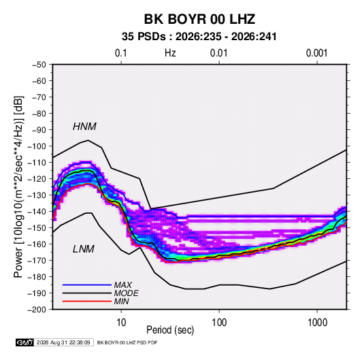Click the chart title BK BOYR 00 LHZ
[199, 19]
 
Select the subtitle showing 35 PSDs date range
[199, 37]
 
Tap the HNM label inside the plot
[84, 127]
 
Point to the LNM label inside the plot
[84, 249]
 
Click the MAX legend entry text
[123, 284]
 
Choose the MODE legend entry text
[127, 293]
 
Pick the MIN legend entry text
[121, 301]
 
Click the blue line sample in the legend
[87, 284]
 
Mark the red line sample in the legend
[87, 301]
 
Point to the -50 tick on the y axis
[39, 65]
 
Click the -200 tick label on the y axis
[37, 310]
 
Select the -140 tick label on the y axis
[37, 212]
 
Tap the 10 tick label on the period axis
[121, 323]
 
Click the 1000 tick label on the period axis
[317, 323]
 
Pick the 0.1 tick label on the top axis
[121, 53]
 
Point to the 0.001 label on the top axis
[316, 53]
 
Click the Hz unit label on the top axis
[170, 53]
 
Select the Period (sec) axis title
[170, 330]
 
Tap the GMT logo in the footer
[24, 342]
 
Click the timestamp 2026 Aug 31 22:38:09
[63, 342]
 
